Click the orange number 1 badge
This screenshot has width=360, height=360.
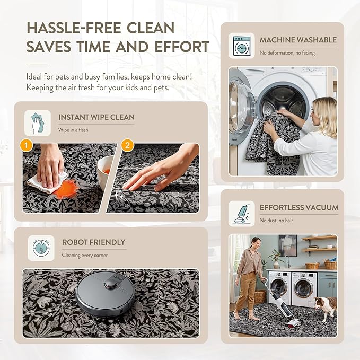point(26,145)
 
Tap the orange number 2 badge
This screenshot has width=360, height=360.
point(127,145)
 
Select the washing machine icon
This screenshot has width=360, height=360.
point(241,46)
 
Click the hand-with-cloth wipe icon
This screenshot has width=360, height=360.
point(38,123)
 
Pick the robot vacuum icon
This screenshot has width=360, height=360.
point(41,248)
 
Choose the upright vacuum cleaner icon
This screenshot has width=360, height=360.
point(242,214)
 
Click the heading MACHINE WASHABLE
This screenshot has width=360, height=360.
point(298,40)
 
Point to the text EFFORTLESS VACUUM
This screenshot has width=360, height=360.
point(299,207)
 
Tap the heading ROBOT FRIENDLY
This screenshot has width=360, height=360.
point(93,242)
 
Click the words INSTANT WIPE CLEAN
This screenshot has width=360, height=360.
point(96,117)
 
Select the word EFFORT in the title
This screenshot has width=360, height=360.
point(182,47)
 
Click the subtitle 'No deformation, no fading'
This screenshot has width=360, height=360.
point(287,53)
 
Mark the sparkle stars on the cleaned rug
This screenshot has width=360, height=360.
point(119,194)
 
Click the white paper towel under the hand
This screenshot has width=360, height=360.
point(48,182)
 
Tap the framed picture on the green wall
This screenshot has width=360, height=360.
point(288,245)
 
